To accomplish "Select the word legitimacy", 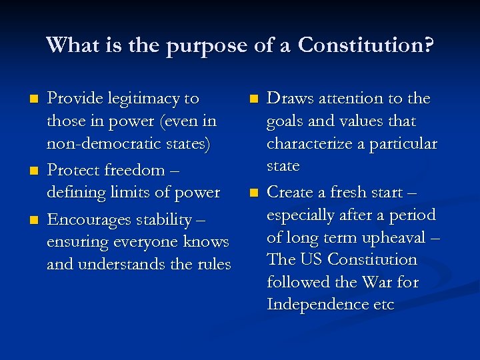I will tap(139, 99).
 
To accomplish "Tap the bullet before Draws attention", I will tap(253, 99).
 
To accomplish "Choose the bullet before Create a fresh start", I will tap(253, 193).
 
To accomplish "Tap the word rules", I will tap(213, 265).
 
